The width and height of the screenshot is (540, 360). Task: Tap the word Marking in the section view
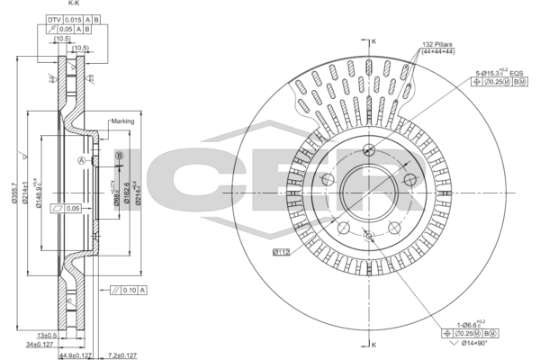pos(122,121)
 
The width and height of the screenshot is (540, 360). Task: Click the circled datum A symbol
pos(81,160)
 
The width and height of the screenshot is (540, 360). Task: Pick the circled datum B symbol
pos(118,156)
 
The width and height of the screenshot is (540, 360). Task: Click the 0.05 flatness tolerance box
pos(67,208)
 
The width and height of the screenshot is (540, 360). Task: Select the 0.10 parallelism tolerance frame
pos(126,290)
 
